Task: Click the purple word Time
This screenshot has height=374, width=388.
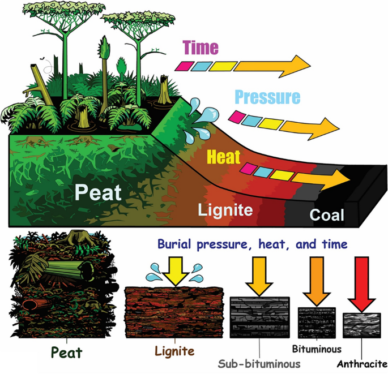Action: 200,48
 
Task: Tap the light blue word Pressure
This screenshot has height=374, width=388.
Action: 267,97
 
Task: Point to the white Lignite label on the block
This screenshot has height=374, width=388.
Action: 225,210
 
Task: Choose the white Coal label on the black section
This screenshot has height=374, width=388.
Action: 326,215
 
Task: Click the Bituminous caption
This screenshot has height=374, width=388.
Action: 317,349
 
